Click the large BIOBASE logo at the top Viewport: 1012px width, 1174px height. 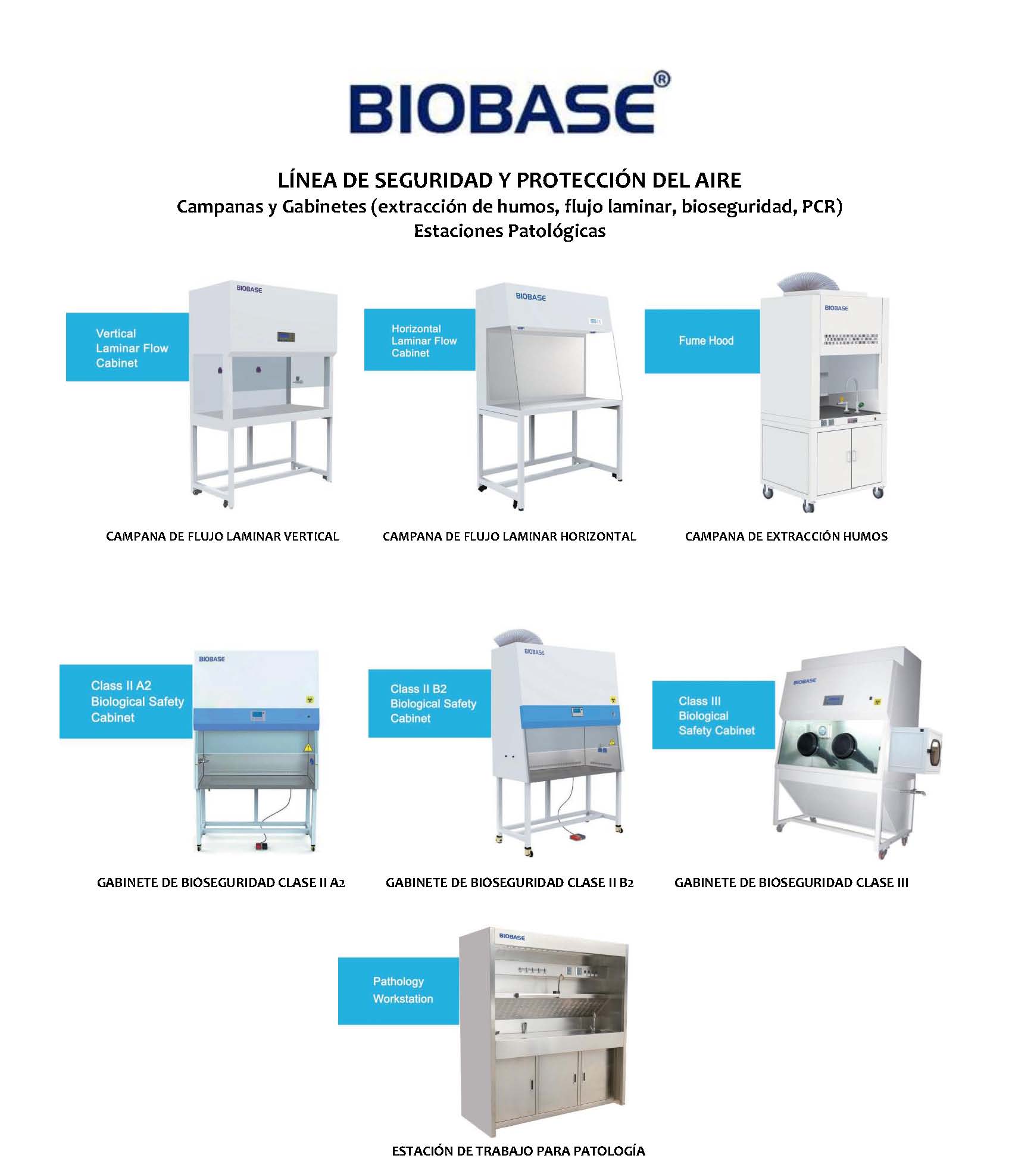pyautogui.click(x=502, y=108)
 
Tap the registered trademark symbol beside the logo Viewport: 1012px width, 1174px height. pyautogui.click(x=662, y=80)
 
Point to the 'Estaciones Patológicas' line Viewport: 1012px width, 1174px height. pyautogui.click(x=510, y=231)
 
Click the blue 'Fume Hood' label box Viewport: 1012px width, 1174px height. pyautogui.click(x=702, y=341)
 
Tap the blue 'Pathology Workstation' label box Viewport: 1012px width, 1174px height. pyautogui.click(x=399, y=991)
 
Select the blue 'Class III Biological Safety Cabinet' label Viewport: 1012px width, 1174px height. pyautogui.click(x=714, y=715)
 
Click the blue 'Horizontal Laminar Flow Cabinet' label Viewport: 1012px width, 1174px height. pyautogui.click(x=420, y=340)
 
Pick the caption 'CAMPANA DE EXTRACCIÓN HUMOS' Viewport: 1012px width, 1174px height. pyautogui.click(x=786, y=536)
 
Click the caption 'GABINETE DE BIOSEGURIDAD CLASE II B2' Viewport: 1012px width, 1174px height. pyautogui.click(x=510, y=883)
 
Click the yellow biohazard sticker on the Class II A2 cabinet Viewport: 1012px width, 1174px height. pyautogui.click(x=310, y=700)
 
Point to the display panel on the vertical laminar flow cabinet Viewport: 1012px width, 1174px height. pyautogui.click(x=285, y=336)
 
